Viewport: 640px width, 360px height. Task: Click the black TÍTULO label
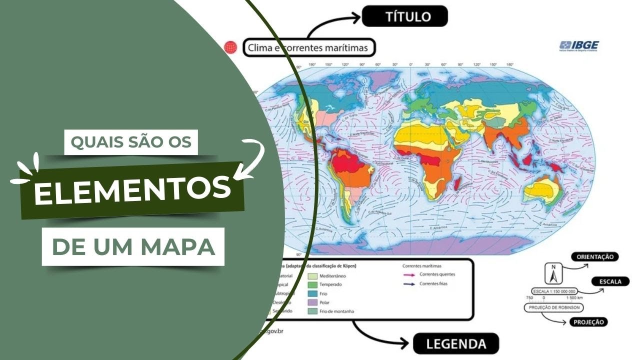click(404, 17)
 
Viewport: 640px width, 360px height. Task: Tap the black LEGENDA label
click(455, 344)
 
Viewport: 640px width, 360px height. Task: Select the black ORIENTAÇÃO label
click(594, 256)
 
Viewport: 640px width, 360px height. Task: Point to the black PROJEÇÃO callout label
click(588, 322)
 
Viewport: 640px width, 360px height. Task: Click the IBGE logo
click(579, 46)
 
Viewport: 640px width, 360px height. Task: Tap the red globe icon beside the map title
click(230, 47)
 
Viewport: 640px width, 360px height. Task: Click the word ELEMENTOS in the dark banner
click(132, 190)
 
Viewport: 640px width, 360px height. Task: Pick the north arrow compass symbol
click(553, 273)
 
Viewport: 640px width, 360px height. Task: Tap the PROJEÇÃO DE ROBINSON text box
click(554, 307)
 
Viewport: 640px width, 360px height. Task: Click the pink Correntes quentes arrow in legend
click(409, 274)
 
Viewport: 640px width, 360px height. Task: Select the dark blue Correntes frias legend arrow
click(409, 283)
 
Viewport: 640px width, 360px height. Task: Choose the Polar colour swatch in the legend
click(312, 302)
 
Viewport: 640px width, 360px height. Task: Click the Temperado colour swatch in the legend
click(312, 284)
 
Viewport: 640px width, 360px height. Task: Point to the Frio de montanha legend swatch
click(312, 311)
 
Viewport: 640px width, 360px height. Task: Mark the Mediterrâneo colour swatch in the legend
click(312, 275)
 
